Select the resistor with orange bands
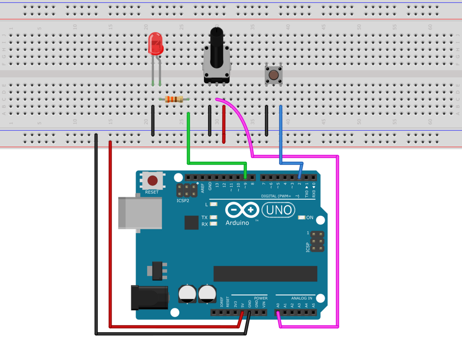(174, 99)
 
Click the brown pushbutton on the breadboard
(274, 75)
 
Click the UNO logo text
(279, 210)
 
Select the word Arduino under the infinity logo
(237, 223)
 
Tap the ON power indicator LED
(301, 217)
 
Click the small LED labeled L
(214, 204)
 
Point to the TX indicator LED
(214, 217)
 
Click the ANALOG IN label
(302, 298)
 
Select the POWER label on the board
(261, 298)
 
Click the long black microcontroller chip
(265, 274)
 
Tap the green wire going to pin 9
(217, 162)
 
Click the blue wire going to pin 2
(280, 137)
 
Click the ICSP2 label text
(183, 201)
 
